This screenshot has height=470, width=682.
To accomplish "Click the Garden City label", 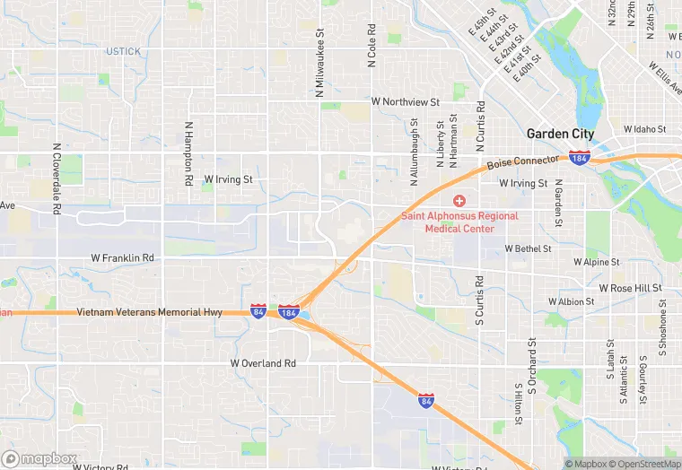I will pyautogui.click(x=559, y=134).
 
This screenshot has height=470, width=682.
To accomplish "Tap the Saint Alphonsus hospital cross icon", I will pyautogui.click(x=459, y=200).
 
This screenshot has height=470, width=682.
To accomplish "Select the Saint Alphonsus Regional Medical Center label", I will pyautogui.click(x=459, y=222).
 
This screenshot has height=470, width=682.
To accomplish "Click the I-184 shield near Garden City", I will pyautogui.click(x=580, y=158).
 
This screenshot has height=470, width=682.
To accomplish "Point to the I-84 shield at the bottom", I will pyautogui.click(x=426, y=401).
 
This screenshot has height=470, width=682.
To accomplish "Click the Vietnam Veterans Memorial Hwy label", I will pyautogui.click(x=149, y=312).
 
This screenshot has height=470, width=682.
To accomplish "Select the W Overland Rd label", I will pyautogui.click(x=263, y=363).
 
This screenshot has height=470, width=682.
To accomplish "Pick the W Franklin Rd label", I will pyautogui.click(x=123, y=257).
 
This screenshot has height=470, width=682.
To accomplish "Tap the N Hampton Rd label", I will pyautogui.click(x=189, y=153).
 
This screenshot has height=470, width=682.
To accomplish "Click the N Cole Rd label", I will pyautogui.click(x=371, y=45).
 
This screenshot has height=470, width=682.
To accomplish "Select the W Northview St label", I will pyautogui.click(x=411, y=102).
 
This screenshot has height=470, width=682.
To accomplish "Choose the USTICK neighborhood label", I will pyautogui.click(x=124, y=51).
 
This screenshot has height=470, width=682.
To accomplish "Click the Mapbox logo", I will pyautogui.click(x=39, y=458).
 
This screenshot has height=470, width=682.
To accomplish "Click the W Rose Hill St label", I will pyautogui.click(x=630, y=288).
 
